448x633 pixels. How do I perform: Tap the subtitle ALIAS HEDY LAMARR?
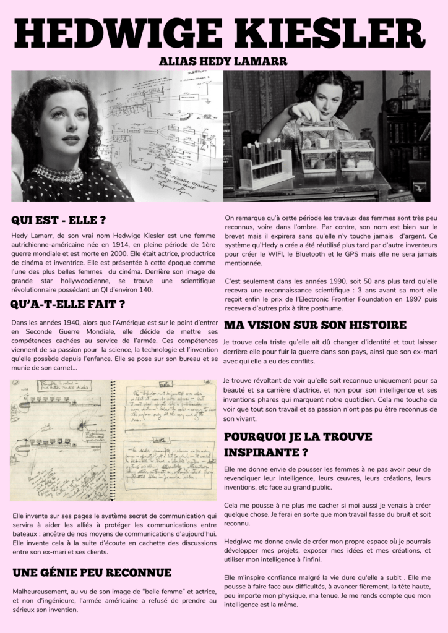(223, 62)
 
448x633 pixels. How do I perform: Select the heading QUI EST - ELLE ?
(59, 221)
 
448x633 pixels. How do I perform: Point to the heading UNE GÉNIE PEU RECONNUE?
(92, 572)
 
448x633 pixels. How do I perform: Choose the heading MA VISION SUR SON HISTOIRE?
(315, 325)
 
